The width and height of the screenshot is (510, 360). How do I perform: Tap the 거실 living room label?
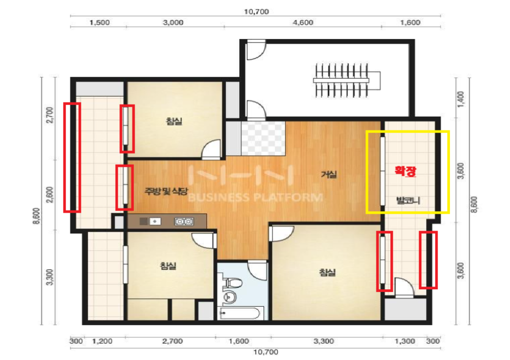click(x=329, y=174)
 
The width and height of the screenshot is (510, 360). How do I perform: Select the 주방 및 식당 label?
click(x=166, y=191)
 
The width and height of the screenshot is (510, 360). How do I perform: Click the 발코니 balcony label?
click(x=408, y=201)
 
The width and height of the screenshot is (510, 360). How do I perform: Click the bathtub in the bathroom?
click(x=239, y=313)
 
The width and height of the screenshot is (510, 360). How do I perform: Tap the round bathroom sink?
click(x=230, y=297)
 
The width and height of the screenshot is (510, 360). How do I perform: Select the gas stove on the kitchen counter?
click(x=184, y=222)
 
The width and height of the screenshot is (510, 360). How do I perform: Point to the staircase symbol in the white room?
click(x=347, y=80)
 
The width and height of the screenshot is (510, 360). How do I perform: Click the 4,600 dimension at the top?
click(x=303, y=23)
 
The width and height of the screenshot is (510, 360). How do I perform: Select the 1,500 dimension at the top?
click(x=100, y=23)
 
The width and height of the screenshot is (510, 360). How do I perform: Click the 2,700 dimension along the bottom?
click(x=173, y=341)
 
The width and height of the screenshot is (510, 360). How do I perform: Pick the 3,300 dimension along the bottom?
click(x=324, y=341)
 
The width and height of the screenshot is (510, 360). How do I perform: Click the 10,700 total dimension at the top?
click(x=257, y=12)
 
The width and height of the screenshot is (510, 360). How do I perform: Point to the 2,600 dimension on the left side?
click(x=50, y=195)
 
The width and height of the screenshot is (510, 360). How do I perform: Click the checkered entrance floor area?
click(x=263, y=138)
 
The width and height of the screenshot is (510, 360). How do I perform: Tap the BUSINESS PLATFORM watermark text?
click(x=256, y=197)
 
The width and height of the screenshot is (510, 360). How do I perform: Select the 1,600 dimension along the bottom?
click(x=239, y=341)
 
